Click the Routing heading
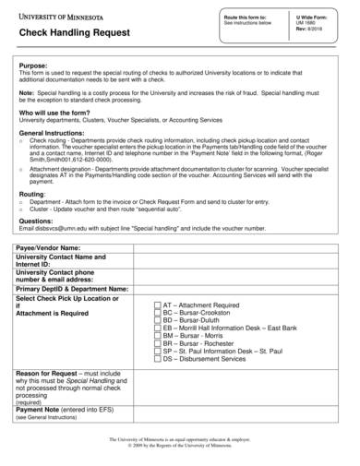32,195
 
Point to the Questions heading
37,221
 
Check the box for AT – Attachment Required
156,305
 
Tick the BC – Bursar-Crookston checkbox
156,313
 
